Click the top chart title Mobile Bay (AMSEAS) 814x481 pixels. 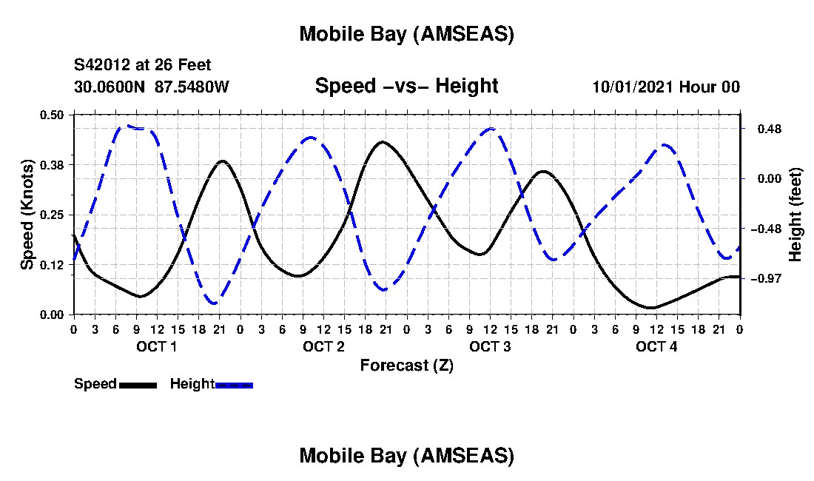tap(406, 34)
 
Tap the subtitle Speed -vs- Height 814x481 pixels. tap(406, 86)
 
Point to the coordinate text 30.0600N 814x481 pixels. tap(110, 87)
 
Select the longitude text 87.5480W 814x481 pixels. tap(192, 87)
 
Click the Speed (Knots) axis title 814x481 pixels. tap(27, 214)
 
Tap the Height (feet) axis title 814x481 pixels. tap(796, 215)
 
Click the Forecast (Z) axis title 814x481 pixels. tap(406, 366)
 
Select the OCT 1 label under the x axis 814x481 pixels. tap(156, 347)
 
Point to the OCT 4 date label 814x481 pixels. tap(656, 347)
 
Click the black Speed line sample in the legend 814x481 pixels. tap(138, 385)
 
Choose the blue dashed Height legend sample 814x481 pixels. tap(234, 385)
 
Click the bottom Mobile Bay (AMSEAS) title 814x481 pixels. tap(406, 456)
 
